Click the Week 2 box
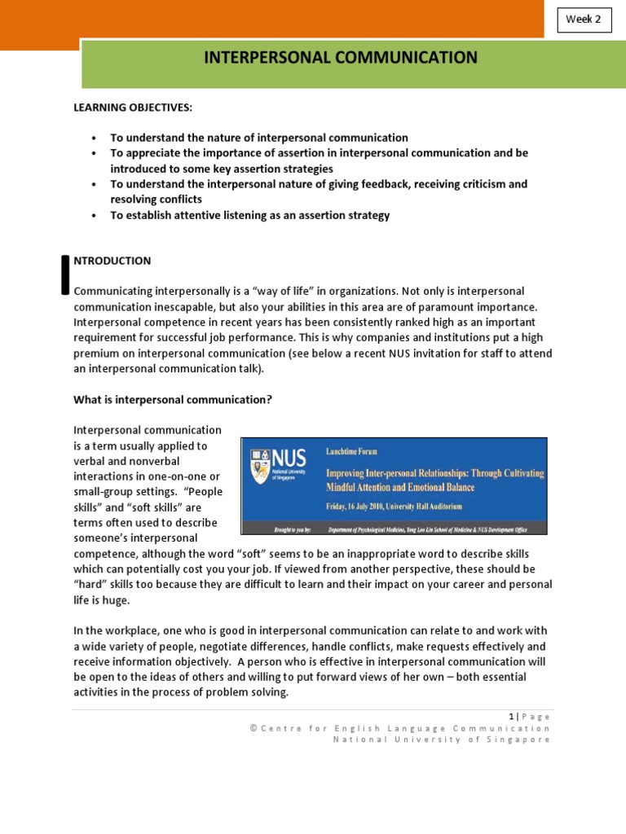tap(584, 20)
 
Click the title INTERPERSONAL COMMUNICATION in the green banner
tap(340, 58)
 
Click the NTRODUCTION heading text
tap(112, 261)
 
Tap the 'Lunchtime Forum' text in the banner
tap(352, 450)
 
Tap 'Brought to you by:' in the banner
tap(285, 527)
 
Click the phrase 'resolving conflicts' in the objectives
tap(156, 200)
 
